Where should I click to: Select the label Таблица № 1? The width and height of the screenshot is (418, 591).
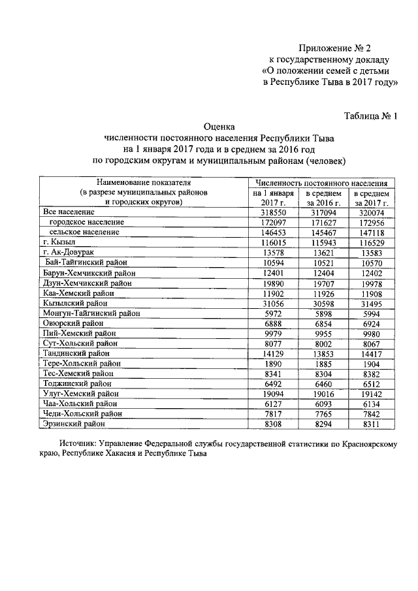[370, 116]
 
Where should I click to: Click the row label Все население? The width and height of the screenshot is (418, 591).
[69, 212]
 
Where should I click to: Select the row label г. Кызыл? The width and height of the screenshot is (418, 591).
[59, 242]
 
